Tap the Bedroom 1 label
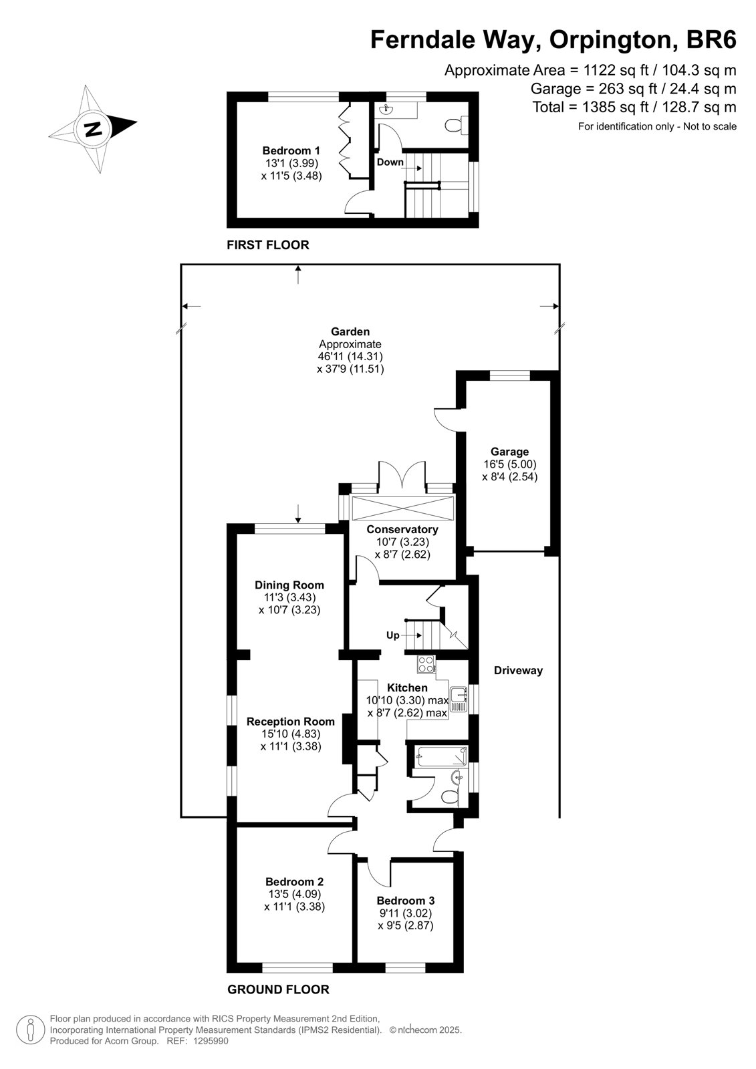click(291, 151)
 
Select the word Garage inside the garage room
click(509, 452)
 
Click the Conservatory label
click(402, 529)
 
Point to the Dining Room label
click(289, 585)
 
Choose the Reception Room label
click(290, 722)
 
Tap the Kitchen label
click(407, 688)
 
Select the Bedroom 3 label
click(406, 901)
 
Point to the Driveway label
click(518, 671)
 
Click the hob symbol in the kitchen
click(426, 664)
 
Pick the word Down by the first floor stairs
click(390, 162)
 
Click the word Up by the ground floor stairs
click(392, 635)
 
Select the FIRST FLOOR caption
click(268, 245)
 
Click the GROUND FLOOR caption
click(279, 989)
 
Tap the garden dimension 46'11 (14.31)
click(350, 356)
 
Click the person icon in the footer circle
click(31, 1030)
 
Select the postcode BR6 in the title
click(711, 40)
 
